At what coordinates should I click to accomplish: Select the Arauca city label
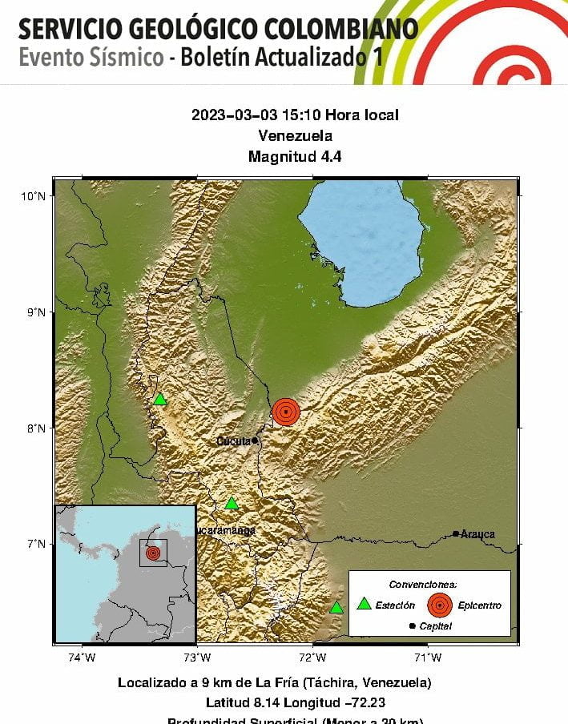click(478, 533)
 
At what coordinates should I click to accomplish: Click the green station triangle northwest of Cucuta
click(160, 399)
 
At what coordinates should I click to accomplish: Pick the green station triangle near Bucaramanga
click(232, 503)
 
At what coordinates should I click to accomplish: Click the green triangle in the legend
click(364, 604)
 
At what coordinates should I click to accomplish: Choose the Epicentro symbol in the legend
click(439, 605)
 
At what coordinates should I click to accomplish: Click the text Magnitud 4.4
click(295, 156)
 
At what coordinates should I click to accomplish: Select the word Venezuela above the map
click(295, 135)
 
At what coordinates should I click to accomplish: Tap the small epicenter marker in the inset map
click(153, 552)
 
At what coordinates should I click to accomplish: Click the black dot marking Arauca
click(456, 533)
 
